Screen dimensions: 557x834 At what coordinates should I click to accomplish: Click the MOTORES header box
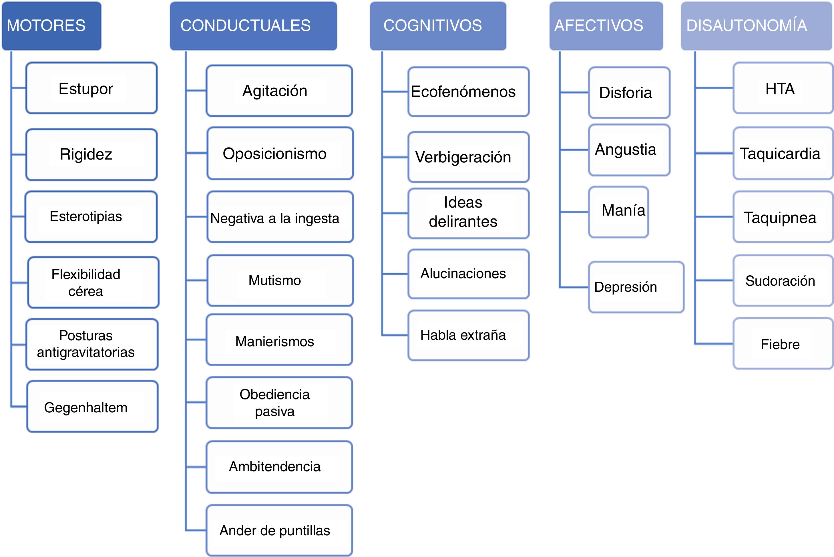coord(51,25)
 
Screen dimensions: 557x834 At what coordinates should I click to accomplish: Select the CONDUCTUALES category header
coord(253,25)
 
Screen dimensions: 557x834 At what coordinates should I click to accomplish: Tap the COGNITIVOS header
coord(438,25)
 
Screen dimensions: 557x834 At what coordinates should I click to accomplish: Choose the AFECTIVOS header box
coord(606,25)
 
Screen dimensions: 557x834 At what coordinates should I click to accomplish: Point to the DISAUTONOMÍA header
coord(757,25)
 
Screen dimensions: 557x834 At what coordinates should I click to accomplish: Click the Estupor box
coord(91,88)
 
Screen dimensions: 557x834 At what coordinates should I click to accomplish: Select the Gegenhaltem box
coord(92,407)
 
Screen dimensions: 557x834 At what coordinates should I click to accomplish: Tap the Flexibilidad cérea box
coord(93,283)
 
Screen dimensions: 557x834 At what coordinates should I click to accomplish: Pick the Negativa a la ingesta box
coord(280,217)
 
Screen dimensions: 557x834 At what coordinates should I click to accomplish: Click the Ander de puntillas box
coord(279,530)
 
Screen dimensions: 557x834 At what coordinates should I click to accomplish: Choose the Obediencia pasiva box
coord(279,403)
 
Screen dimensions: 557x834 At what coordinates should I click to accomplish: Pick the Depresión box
coord(636,287)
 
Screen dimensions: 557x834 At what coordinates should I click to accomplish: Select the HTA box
coord(783,88)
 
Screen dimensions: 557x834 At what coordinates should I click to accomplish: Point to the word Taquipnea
coord(780,217)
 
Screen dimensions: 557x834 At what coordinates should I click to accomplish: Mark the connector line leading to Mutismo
coord(196,280)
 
